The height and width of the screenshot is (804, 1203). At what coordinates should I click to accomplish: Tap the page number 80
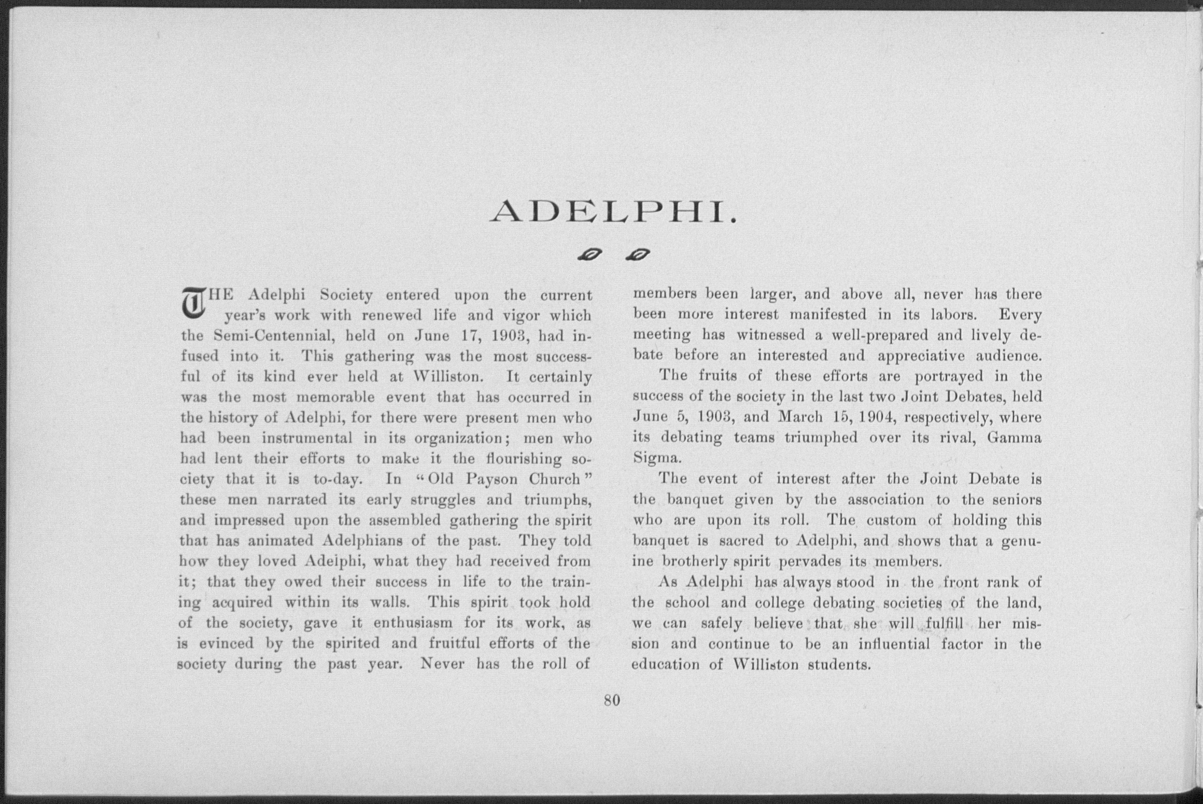click(612, 700)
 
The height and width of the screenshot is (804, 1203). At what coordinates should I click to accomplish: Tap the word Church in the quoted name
click(554, 479)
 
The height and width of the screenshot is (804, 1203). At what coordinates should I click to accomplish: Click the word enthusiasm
click(413, 624)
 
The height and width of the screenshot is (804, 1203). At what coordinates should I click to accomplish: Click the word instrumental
click(307, 438)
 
